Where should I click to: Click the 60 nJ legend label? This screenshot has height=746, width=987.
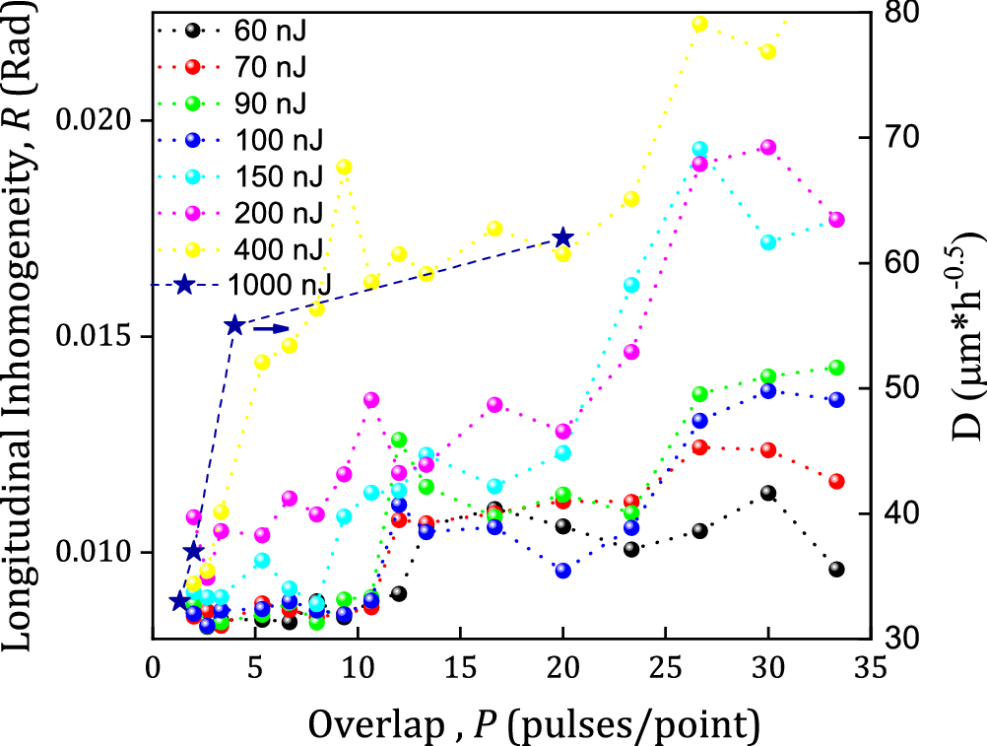point(270,30)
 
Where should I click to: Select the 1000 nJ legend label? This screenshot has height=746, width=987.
point(278,285)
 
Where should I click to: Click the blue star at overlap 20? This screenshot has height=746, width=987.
point(563,237)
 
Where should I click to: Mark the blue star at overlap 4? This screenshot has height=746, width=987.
point(234,326)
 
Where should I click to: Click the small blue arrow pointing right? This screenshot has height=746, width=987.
point(275,328)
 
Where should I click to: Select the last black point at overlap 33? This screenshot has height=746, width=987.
point(836,570)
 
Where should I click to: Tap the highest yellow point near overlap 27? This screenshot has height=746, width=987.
point(699,24)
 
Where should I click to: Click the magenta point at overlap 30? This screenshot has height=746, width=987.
point(768,148)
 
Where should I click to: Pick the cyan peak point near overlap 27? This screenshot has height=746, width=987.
point(699,149)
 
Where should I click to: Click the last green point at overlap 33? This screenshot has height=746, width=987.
point(836,368)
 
